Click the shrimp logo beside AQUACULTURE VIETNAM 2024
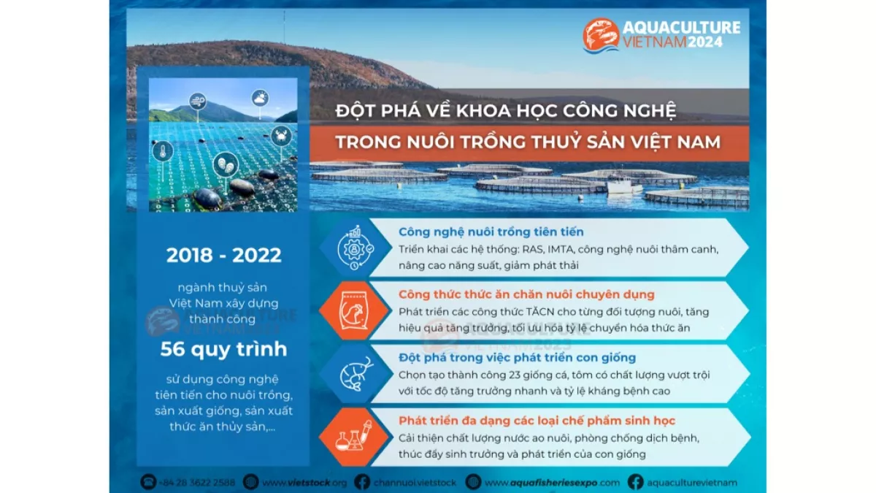[x=601, y=35]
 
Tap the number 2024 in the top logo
[x=705, y=42]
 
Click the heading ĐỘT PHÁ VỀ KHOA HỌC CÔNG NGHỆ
[x=506, y=110]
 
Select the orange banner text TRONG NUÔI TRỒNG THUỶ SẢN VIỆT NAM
[x=528, y=142]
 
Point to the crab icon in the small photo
[x=281, y=136]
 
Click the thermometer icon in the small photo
[x=163, y=151]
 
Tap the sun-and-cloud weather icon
[x=260, y=98]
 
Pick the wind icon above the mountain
[x=198, y=102]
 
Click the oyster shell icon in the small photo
[x=226, y=164]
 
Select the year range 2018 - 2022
[x=223, y=255]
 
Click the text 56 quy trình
[x=223, y=349]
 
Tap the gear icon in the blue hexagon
[x=355, y=248]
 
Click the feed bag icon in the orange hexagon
[x=354, y=310]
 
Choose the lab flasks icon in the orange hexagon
[x=354, y=436]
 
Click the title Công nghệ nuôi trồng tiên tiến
[x=491, y=232]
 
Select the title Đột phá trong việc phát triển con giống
[x=517, y=358]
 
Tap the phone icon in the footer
[x=148, y=483]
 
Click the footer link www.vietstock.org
[x=304, y=483]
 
